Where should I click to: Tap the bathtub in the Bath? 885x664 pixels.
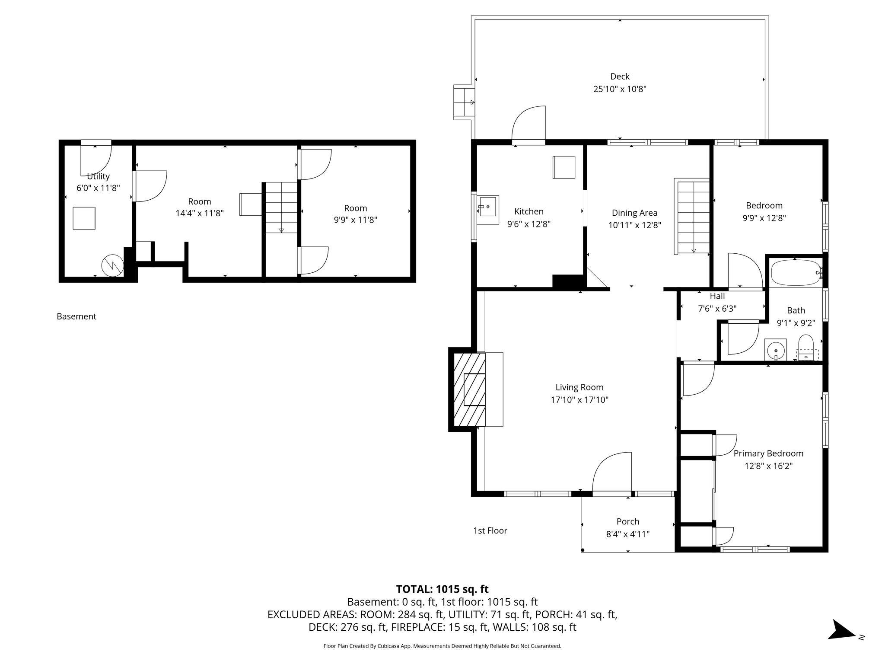tap(796, 272)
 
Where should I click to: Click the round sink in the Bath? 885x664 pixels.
tap(776, 350)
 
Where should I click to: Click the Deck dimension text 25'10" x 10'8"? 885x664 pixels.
tap(620, 89)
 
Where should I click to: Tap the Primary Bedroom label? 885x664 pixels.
tap(768, 453)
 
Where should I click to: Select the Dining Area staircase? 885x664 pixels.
tap(693, 217)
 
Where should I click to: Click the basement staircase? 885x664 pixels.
tap(281, 207)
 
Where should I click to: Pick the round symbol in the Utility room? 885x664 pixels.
tap(112, 265)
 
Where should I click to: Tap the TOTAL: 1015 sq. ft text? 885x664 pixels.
tap(442, 589)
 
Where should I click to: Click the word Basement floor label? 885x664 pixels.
tap(76, 316)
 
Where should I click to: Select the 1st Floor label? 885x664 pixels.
tap(490, 530)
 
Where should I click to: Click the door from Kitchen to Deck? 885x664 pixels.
tap(528, 125)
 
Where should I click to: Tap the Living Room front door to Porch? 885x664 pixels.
tap(612, 473)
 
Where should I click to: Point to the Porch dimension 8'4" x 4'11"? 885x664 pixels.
tap(627, 534)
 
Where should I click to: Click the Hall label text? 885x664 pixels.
tap(717, 296)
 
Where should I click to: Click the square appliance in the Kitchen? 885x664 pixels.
tap(564, 167)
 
